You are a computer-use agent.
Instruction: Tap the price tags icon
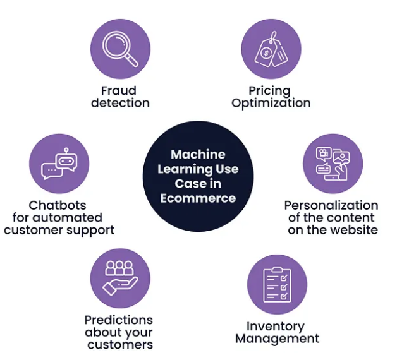pos(271,49)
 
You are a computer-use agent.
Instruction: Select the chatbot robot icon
pos(59,164)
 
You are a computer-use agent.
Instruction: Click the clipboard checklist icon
pos(277,285)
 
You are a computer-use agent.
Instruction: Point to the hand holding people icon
pos(120,278)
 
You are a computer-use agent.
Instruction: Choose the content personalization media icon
pos(333,164)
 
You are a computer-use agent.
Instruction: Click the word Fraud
pos(119,91)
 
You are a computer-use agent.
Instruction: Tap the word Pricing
pos(269,91)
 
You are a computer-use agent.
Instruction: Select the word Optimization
pos(271,103)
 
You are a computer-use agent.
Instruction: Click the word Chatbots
pos(58,205)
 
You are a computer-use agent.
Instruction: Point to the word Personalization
pos(331,205)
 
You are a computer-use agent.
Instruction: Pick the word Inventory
pos(276,327)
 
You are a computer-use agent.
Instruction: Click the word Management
pos(277,339)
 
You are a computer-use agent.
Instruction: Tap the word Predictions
pos(119,320)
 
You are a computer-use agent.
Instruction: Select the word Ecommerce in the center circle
pos(198,198)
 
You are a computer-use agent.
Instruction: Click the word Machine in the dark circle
pos(198,155)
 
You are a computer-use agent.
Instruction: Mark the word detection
pos(120,103)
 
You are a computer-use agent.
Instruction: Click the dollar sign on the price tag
pos(266,54)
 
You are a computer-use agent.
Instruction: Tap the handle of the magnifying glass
pos(132,61)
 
